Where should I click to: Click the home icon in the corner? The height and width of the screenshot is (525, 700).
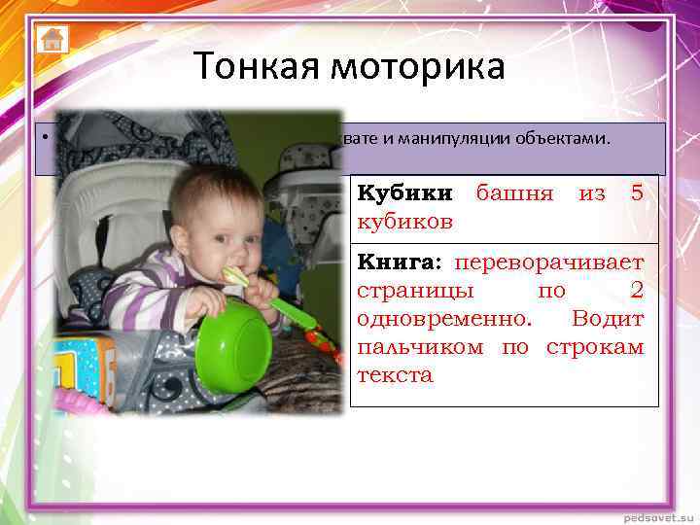tap(52, 39)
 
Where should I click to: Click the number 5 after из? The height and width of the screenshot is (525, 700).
tap(637, 193)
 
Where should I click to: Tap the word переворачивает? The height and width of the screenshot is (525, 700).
tap(549, 262)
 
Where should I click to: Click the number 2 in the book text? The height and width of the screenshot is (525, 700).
tap(637, 291)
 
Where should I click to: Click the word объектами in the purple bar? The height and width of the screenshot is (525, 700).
tap(566, 138)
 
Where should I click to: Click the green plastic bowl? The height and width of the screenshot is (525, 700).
tap(233, 345)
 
